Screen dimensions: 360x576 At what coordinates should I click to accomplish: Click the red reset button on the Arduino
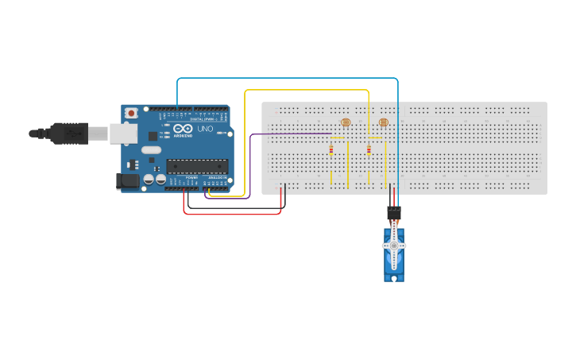tap(131, 114)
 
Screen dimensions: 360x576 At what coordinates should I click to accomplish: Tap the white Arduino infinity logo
tap(183, 129)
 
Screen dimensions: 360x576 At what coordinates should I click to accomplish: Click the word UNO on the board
tap(205, 129)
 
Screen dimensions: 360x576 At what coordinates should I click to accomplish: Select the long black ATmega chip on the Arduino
tap(197, 166)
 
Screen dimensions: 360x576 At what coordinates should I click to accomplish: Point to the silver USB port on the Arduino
tap(123, 133)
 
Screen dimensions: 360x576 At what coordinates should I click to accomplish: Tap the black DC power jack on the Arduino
tap(127, 181)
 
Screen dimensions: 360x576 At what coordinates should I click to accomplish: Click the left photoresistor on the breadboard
tap(345, 122)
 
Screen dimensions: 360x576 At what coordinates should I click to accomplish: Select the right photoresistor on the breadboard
tap(384, 122)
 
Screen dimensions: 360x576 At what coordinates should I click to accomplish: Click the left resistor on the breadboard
tap(331, 150)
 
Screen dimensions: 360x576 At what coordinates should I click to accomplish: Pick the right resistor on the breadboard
tap(369, 150)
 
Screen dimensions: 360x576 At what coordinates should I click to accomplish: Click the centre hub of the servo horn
tap(394, 246)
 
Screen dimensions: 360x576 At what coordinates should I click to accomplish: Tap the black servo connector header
tap(394, 212)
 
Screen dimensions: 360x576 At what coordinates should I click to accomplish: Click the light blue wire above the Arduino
tap(286, 79)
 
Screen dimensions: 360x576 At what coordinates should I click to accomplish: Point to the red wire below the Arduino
tap(230, 214)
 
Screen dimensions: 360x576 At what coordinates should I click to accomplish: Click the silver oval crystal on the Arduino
tap(151, 149)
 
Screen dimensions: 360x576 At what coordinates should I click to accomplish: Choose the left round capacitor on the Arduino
tap(149, 180)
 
